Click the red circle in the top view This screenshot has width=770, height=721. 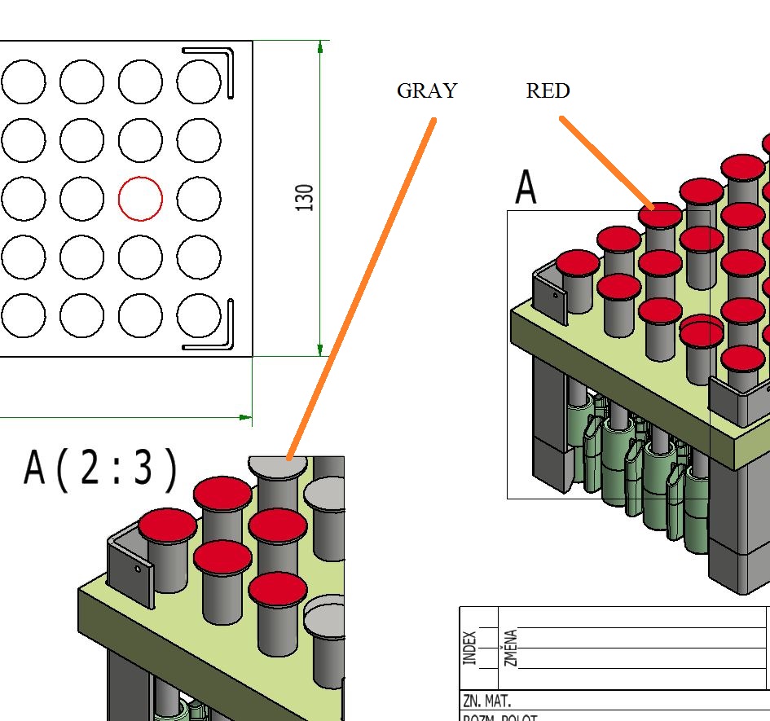140,198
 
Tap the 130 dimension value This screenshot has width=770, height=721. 306,198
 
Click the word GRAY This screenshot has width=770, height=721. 427,91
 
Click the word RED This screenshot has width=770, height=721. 548,91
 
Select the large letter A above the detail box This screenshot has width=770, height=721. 526,188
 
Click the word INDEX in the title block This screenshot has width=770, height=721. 470,648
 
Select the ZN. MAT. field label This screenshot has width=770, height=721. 487,701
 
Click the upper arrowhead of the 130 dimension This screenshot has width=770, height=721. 320,47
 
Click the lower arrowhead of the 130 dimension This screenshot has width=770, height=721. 320,348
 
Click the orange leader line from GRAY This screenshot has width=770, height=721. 363,285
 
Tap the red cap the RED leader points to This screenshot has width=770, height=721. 660,215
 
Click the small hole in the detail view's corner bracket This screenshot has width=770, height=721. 138,569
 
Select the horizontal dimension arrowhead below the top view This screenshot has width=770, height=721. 244,417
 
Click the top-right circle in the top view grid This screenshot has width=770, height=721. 199,81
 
